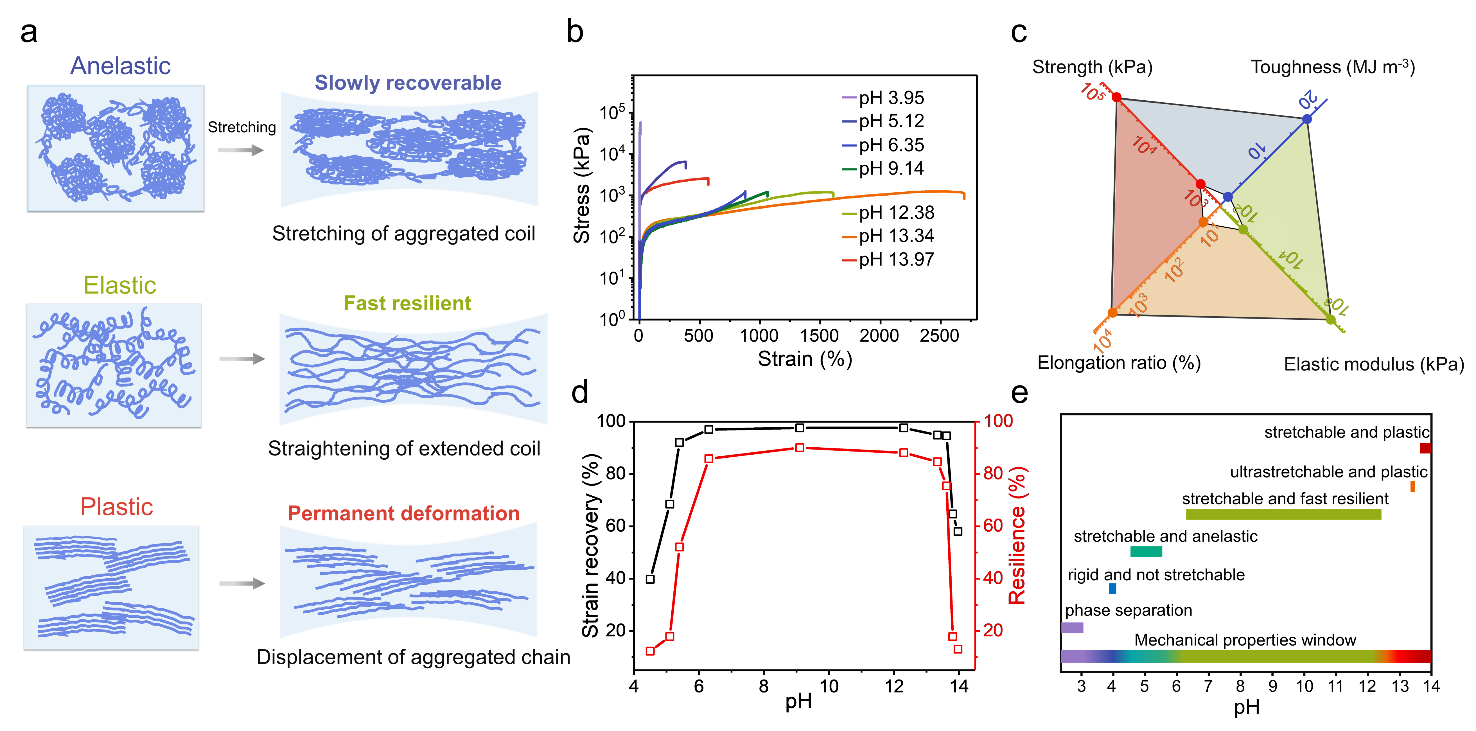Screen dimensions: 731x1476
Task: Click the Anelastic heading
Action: (x=120, y=66)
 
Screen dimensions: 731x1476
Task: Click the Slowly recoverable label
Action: (x=408, y=82)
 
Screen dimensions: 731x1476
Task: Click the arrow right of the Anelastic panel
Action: (x=241, y=150)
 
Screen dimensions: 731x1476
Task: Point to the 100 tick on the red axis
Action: (x=998, y=421)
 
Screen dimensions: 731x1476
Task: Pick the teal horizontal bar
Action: (x=1146, y=551)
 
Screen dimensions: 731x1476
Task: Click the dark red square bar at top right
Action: (x=1425, y=448)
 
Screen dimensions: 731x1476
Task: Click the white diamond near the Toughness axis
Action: (x=1337, y=90)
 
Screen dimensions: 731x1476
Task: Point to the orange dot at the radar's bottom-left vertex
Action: (x=1112, y=313)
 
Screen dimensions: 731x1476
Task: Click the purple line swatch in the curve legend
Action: (x=849, y=97)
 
